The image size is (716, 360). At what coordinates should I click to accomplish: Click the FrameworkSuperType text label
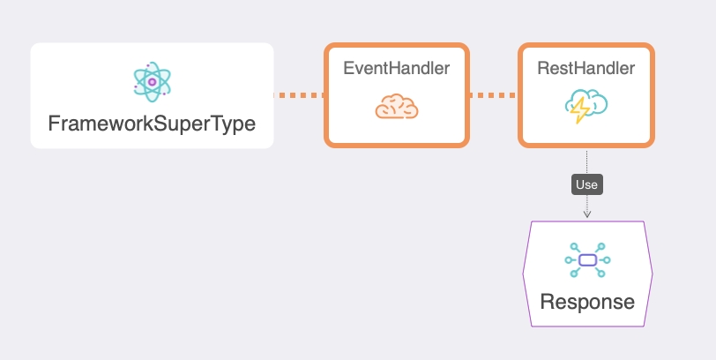[152, 124]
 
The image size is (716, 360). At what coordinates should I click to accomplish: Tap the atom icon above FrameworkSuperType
[152, 82]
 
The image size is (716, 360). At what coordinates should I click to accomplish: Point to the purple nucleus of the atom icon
[152, 82]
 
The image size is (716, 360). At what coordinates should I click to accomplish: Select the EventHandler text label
[396, 69]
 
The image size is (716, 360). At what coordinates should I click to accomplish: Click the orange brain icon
[396, 109]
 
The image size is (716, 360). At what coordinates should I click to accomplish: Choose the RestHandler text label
[586, 69]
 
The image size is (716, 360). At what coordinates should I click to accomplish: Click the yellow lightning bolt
[581, 111]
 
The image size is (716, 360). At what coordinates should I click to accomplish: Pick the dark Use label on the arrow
[586, 185]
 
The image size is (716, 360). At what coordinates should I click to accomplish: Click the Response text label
[587, 302]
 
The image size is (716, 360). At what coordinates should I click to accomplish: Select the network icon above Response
[587, 260]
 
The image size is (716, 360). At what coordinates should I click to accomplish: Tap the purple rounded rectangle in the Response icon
[587, 260]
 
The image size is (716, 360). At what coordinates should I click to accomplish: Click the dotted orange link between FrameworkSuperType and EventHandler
[299, 94]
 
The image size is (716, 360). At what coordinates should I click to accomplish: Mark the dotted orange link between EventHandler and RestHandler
[492, 94]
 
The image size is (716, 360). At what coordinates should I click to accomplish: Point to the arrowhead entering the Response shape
[587, 214]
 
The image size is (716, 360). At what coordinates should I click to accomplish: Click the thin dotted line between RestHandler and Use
[587, 161]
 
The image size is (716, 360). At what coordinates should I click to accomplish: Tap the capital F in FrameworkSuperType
[54, 124]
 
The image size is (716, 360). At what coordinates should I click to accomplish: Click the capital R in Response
[548, 302]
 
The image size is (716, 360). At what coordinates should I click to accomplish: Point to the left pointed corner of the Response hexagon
[524, 274]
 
